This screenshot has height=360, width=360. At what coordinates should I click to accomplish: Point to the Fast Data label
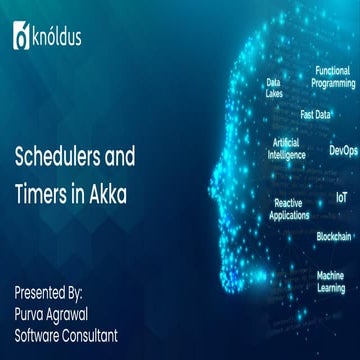316,114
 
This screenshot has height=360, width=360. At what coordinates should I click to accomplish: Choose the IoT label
341,198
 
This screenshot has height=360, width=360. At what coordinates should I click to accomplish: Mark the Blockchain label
333,236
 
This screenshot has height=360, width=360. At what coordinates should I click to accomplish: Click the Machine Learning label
330,281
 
